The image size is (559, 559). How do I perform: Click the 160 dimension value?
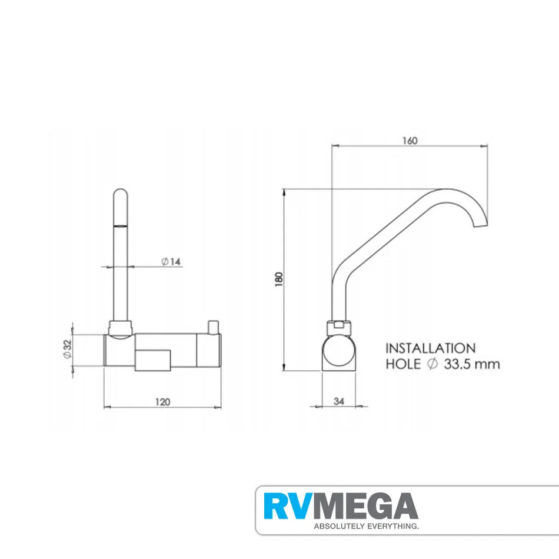[410, 141]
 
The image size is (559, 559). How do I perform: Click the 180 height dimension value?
[279, 280]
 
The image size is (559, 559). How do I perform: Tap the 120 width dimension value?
[163, 402]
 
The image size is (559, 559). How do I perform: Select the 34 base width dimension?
[338, 401]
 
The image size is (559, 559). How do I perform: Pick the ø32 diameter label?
[67, 351]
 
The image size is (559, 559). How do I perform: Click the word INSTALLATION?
[430, 349]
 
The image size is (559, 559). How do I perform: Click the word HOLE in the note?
[403, 364]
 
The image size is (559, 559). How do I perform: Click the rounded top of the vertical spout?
[119, 194]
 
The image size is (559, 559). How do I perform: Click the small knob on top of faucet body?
[213, 325]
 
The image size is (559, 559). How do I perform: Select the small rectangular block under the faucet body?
[152, 360]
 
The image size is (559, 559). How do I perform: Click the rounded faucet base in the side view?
[338, 353]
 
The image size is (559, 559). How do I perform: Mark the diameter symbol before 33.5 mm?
[432, 364]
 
